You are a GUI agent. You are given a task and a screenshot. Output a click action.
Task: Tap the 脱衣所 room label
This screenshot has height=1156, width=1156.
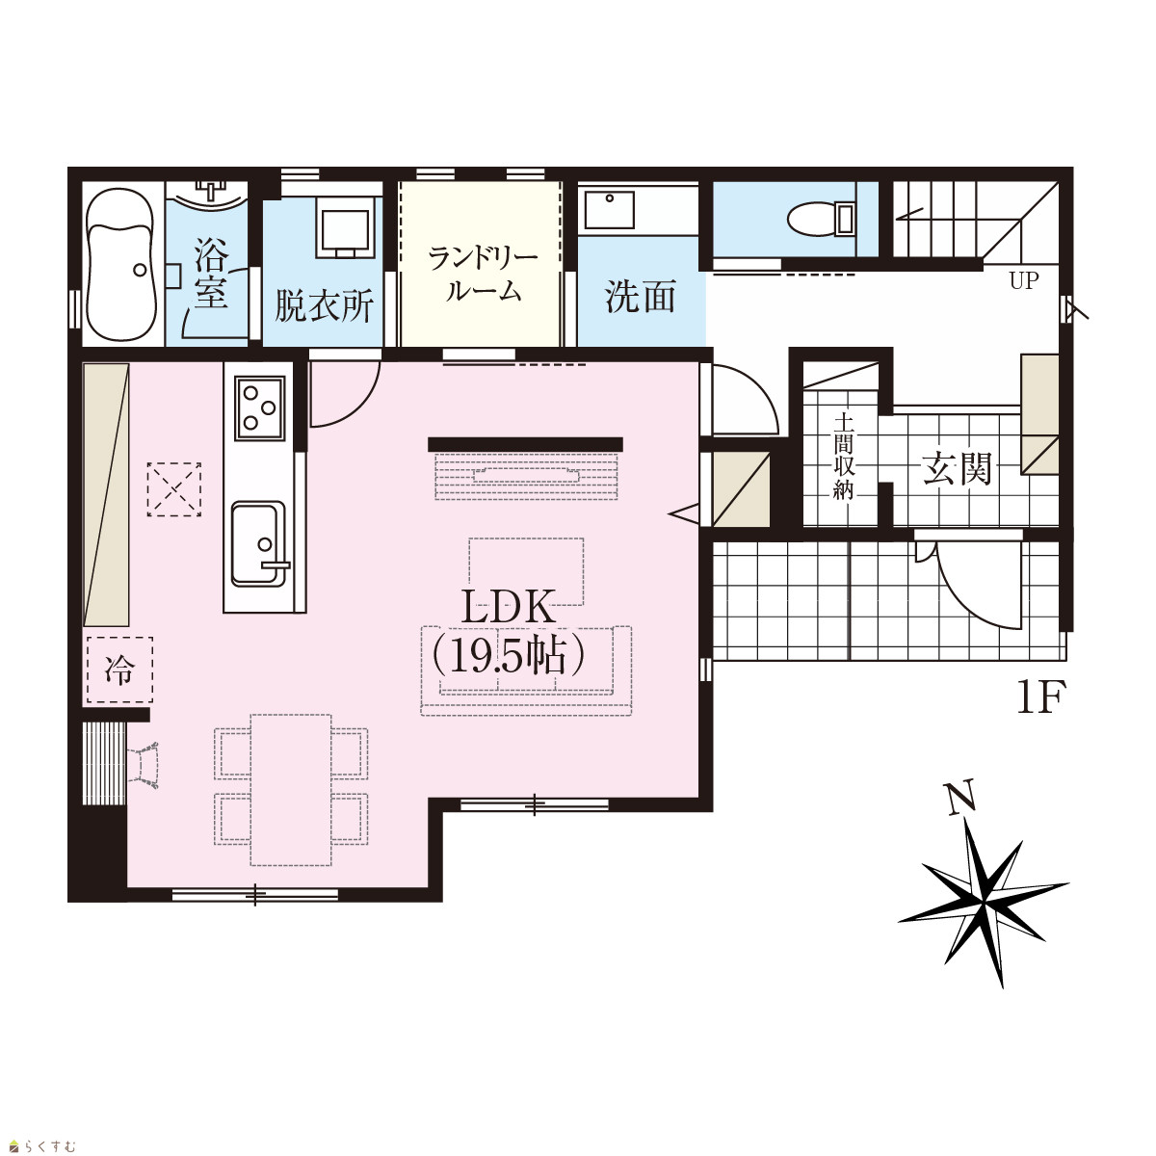(324, 305)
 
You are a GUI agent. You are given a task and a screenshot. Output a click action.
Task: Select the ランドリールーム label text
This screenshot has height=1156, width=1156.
(484, 276)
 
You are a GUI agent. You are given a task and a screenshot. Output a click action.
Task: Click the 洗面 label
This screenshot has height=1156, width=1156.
(640, 297)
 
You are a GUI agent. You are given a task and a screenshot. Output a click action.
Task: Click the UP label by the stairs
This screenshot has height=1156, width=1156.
(1023, 280)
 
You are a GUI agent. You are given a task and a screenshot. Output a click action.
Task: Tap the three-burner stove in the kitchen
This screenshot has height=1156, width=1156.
(260, 408)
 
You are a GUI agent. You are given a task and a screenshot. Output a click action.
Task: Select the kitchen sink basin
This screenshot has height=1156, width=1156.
(258, 544)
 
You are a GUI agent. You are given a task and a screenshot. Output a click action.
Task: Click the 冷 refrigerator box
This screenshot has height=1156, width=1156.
(119, 670)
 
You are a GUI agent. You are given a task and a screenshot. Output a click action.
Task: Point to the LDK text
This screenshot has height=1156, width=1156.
(508, 607)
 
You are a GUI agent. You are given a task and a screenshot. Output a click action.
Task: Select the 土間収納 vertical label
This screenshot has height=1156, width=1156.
(844, 456)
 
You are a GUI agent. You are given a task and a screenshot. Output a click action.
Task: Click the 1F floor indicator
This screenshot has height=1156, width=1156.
(1040, 697)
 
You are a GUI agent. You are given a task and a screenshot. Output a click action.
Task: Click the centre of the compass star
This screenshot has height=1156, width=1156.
(984, 902)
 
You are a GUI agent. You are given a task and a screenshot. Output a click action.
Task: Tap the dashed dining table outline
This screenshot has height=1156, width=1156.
(291, 790)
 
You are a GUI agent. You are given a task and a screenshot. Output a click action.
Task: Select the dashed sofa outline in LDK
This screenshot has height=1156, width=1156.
(526, 670)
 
